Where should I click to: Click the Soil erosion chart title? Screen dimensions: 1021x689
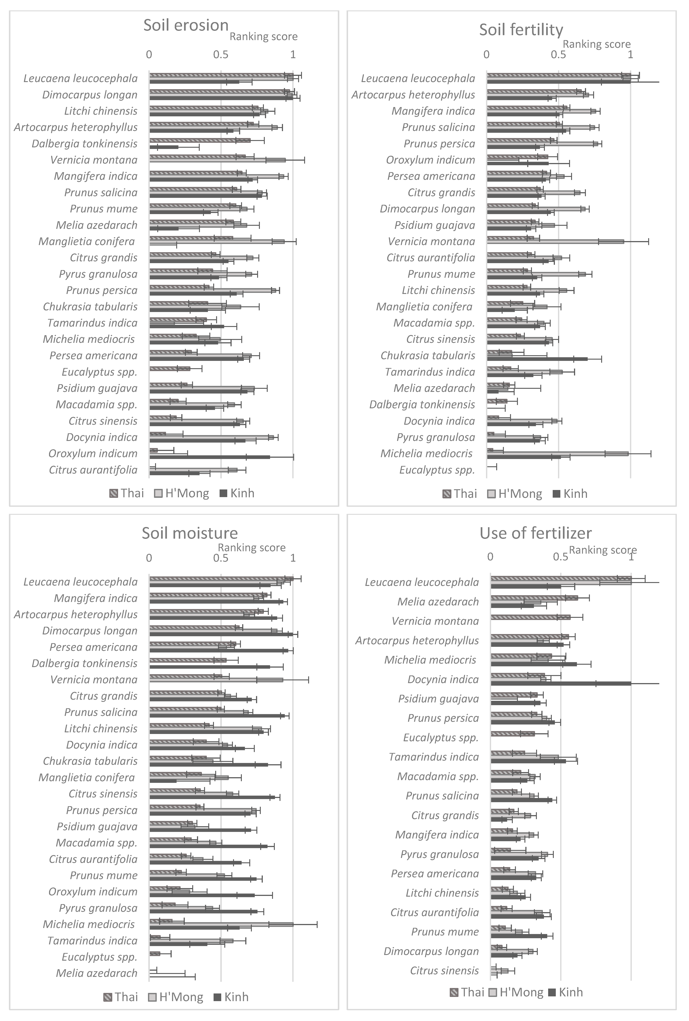pos(186,26)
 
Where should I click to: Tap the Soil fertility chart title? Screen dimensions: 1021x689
pos(521,30)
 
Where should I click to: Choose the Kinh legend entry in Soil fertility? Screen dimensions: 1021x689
pos(570,494)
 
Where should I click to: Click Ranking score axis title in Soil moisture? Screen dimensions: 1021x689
pos(252,547)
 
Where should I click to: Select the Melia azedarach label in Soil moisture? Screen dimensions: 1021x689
pos(97,973)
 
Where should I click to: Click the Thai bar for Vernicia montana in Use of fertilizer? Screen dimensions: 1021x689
pos(530,617)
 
